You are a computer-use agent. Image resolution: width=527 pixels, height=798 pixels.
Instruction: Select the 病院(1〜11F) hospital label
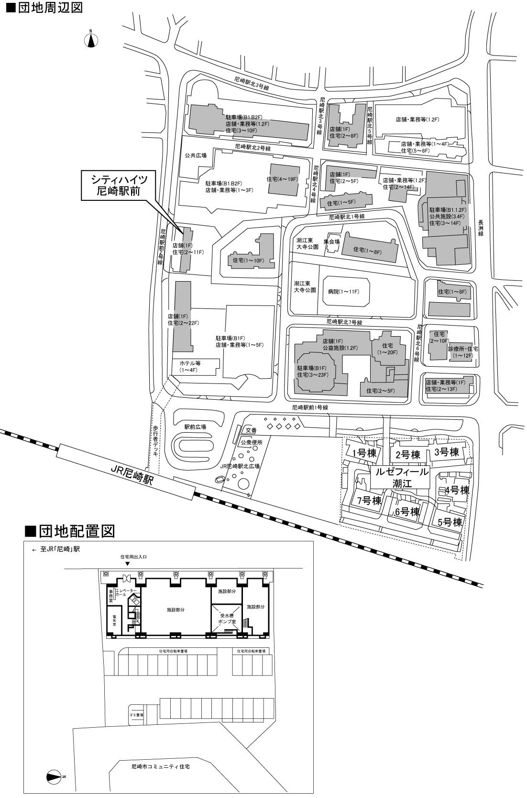(343, 291)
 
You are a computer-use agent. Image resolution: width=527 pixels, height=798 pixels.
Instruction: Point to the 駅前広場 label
(195, 426)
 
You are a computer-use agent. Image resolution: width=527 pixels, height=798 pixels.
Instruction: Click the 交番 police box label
(251, 430)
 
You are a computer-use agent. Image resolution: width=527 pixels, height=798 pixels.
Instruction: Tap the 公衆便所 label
(252, 443)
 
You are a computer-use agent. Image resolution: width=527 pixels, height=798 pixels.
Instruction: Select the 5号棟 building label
(450, 522)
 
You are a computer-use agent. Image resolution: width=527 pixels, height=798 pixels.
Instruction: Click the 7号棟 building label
(369, 501)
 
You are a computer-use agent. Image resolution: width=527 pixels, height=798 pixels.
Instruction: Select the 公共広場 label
(195, 155)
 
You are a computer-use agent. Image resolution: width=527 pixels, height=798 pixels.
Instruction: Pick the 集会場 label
(331, 241)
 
